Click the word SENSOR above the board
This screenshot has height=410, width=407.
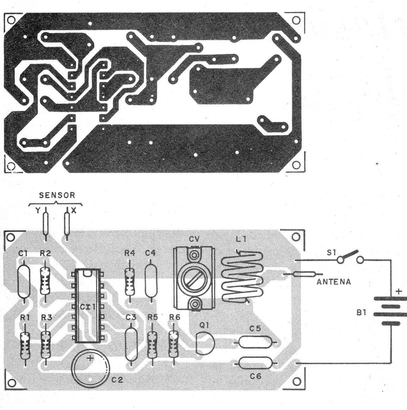57,195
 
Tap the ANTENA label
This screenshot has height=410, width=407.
333,282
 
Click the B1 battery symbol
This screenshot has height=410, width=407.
390,311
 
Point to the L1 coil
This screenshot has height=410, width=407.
242,277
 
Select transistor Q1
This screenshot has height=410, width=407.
205,343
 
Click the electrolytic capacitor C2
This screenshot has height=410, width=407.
90,368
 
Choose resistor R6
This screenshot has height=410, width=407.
173,344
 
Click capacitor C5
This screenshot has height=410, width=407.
255,342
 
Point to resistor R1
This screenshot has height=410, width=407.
25,346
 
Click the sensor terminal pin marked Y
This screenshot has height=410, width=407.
46,224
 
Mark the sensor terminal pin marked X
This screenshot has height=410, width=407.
67,224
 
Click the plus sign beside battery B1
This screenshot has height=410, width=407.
399,291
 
